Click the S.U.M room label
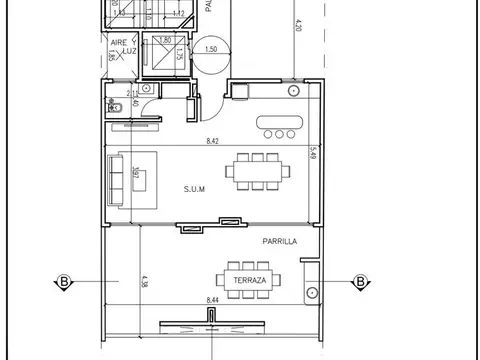(x=194, y=188)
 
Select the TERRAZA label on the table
(x=249, y=281)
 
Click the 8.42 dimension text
(x=213, y=142)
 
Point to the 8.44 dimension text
(x=212, y=300)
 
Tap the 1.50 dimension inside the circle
(x=210, y=47)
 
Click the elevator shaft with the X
(x=159, y=53)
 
